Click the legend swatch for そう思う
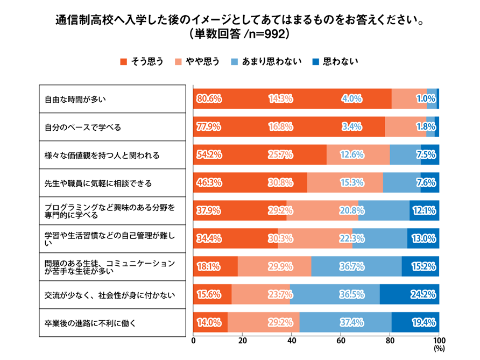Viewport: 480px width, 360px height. click(123, 61)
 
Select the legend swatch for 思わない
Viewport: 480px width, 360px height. click(316, 61)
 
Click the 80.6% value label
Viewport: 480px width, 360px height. click(209, 99)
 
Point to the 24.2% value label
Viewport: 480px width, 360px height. click(423, 295)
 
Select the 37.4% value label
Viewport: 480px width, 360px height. click(352, 323)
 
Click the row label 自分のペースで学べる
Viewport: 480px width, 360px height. click(83, 127)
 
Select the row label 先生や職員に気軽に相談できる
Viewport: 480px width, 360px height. click(98, 183)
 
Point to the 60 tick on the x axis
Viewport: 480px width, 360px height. click(341, 341)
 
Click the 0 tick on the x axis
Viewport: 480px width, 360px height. click(194, 341)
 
